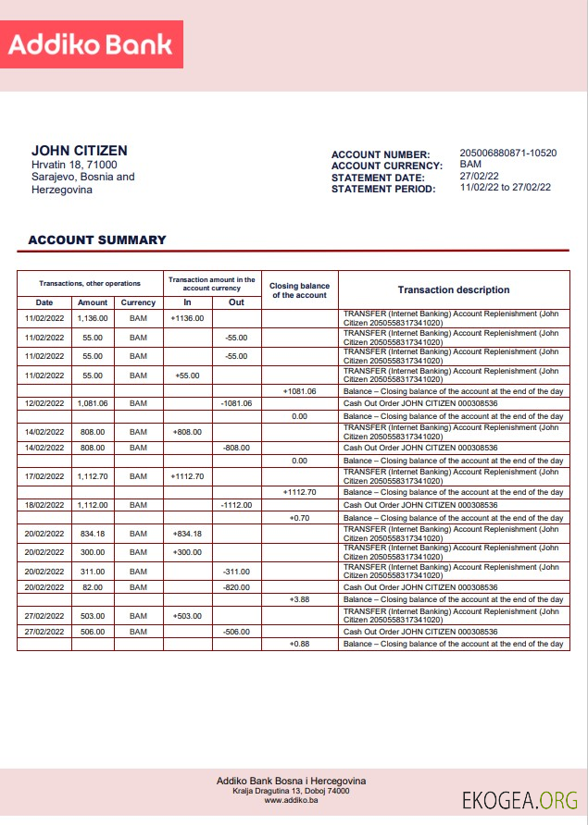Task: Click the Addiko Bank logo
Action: (92, 44)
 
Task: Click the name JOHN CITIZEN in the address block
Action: (80, 151)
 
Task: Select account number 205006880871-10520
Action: (507, 154)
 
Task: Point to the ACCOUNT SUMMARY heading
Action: (97, 240)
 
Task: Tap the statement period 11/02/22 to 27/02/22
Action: (505, 187)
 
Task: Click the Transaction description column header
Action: (454, 289)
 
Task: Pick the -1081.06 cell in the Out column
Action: (236, 403)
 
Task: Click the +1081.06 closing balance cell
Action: (299, 391)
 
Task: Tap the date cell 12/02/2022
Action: (44, 403)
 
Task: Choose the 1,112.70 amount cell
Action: (93, 476)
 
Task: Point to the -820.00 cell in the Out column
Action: (236, 587)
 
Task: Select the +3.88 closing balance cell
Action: (299, 599)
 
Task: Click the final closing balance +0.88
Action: (299, 644)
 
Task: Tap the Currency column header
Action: (138, 302)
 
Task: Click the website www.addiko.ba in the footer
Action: (292, 801)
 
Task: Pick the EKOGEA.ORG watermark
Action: (520, 800)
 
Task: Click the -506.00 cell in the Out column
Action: (236, 632)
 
